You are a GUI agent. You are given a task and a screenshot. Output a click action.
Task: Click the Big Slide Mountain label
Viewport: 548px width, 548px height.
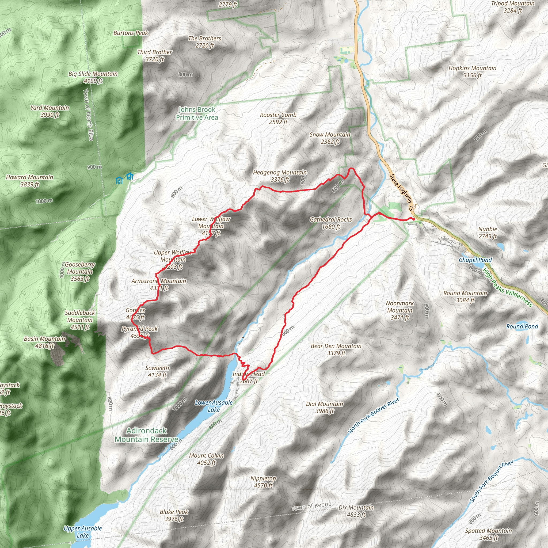pos(93,77)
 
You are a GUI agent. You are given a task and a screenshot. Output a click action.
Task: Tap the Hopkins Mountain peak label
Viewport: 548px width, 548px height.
pos(472,71)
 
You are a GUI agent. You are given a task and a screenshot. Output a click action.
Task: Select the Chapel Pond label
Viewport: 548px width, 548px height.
pos(475,260)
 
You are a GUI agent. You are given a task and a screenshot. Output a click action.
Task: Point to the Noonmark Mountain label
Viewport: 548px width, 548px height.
pos(400,310)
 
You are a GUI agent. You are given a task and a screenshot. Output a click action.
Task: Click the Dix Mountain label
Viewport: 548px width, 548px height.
pos(356,511)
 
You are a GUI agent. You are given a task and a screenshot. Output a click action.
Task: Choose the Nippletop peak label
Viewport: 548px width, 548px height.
pos(263,482)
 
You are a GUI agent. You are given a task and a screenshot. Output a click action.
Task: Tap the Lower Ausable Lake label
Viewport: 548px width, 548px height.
pos(214,406)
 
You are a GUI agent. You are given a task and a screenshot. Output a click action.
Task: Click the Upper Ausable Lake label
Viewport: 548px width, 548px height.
pos(82,532)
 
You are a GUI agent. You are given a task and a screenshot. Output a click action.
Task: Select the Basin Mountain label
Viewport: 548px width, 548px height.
pos(44,342)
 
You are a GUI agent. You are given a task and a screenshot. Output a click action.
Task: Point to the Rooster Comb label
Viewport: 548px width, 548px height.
pos(278,118)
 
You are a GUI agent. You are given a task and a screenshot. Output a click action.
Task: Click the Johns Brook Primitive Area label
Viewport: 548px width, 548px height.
pos(197,113)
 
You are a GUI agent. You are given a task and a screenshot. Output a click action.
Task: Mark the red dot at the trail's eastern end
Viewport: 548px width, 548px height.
pos(414,219)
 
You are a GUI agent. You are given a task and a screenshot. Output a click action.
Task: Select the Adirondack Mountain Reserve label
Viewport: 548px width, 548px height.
pos(146,435)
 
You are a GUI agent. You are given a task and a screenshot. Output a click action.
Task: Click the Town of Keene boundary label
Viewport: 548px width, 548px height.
pos(311,506)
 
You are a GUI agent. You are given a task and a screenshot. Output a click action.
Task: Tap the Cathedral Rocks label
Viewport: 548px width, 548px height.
pos(331,223)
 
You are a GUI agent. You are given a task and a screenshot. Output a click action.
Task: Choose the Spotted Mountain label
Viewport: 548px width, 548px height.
pos(488,534)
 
